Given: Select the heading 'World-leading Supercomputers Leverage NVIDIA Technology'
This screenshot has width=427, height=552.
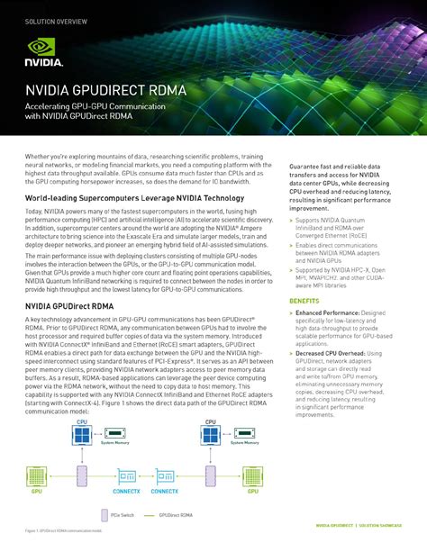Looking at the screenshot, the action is coord(122,197).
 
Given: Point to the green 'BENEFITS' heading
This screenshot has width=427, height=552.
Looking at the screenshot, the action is coord(304,300).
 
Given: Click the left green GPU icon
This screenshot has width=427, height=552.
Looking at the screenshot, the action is coord(37,476).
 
